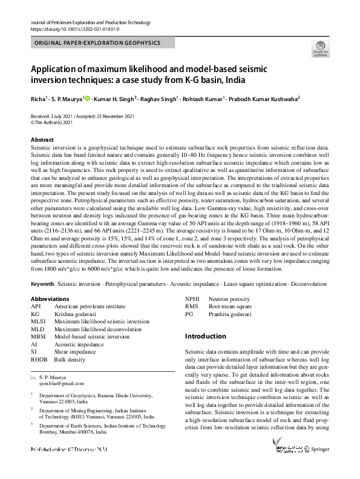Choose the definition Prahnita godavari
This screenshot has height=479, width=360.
232,314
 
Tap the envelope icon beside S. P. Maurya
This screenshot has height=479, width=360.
34,377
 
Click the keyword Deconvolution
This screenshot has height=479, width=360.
304,284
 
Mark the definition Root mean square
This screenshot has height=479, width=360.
231,306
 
